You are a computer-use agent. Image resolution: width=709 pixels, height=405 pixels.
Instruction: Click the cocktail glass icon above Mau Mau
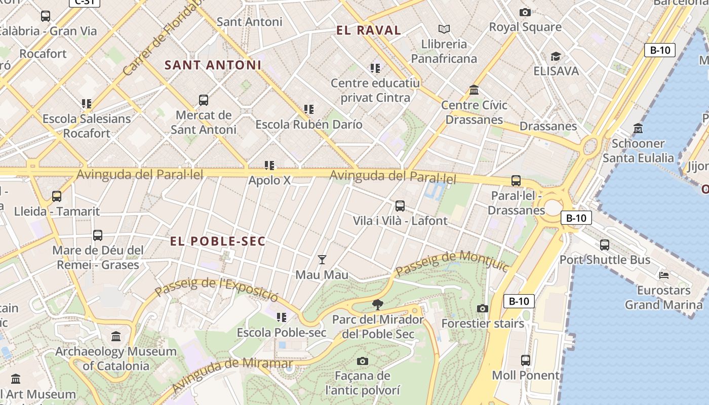[x=322, y=260]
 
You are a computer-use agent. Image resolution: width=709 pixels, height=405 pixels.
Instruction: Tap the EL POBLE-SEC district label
[x=218, y=241]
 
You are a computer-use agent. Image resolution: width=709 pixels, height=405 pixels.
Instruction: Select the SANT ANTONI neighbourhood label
[x=213, y=65]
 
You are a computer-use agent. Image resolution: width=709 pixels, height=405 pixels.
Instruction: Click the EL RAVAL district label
[x=369, y=30]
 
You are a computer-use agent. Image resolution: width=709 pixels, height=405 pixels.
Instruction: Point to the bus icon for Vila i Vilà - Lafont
[x=400, y=206]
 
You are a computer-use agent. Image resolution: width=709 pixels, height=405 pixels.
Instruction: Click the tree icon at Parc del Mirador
[x=377, y=304]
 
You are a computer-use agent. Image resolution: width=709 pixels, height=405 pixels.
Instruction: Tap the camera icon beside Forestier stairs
[x=483, y=308]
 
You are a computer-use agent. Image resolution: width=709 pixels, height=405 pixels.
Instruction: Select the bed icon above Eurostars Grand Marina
[x=664, y=275]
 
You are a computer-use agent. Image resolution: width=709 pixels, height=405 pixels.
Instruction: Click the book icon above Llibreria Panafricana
[x=444, y=29]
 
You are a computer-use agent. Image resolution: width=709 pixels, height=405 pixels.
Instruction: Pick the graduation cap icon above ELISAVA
[x=556, y=56]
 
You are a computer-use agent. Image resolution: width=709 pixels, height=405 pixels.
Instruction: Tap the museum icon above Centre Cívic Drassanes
[x=474, y=90]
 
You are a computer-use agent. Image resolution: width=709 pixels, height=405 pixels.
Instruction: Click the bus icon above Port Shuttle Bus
[x=604, y=245]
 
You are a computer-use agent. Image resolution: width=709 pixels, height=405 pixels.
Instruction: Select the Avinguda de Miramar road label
[x=232, y=374]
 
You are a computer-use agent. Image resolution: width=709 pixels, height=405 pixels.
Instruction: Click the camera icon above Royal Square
[x=525, y=12]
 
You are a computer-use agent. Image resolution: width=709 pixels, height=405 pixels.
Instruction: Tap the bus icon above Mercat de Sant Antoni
[x=204, y=100]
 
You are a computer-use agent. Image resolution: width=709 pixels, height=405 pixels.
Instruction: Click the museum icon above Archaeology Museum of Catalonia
[x=116, y=337]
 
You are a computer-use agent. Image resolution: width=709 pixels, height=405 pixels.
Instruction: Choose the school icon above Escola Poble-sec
[x=282, y=317]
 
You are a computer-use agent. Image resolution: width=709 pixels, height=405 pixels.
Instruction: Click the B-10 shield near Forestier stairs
[x=519, y=301]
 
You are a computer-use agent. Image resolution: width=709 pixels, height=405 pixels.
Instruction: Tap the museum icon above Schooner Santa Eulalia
[x=638, y=129]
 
